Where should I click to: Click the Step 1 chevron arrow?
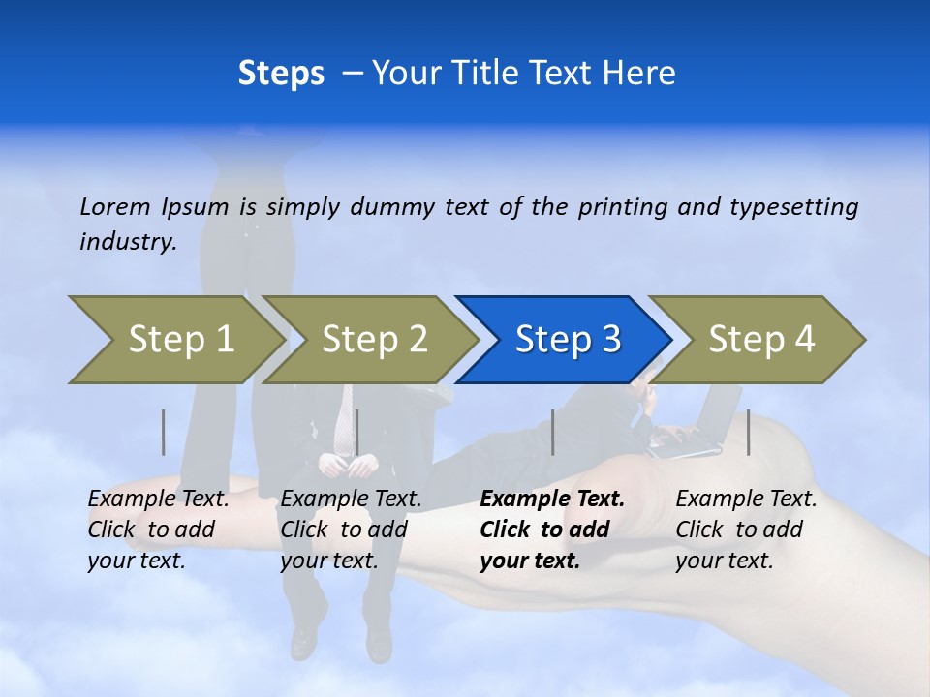(x=174, y=340)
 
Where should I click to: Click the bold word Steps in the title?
(x=281, y=73)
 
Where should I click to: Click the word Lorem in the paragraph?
(x=115, y=207)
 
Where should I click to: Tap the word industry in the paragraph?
(x=127, y=242)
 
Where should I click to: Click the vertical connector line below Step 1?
(x=164, y=432)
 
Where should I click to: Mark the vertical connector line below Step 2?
(x=356, y=432)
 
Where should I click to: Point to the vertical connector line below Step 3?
(x=552, y=432)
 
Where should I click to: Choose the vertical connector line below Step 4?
(x=748, y=432)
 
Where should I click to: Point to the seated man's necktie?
(x=344, y=416)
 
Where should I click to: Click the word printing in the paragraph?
(x=623, y=207)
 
